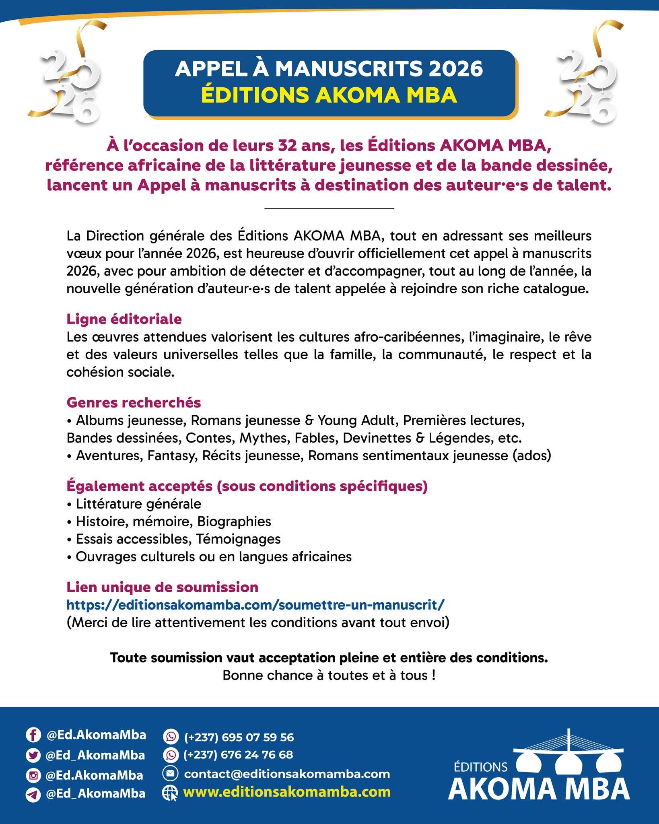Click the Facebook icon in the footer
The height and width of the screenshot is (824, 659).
coord(33,735)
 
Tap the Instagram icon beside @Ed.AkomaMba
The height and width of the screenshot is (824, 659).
coord(33,775)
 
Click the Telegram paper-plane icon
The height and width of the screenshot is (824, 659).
coord(33,794)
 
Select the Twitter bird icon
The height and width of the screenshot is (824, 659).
coord(33,755)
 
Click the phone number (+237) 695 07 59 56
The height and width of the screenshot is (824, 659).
coord(239,737)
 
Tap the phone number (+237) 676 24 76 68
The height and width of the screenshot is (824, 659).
coord(238,755)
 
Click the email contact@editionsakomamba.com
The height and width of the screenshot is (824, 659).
coord(287,774)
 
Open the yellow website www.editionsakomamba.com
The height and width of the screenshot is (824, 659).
coord(287,792)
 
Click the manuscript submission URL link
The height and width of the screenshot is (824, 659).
coord(255,605)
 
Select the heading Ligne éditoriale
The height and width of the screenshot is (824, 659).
coord(124,319)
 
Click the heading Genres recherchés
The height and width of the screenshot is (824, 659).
coord(134,402)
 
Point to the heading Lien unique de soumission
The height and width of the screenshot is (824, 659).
coord(162,587)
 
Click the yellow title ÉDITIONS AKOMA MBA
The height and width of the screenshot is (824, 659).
coord(329,95)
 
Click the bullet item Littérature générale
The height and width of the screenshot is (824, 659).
coord(138,504)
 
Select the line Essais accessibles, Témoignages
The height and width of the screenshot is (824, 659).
coord(178,539)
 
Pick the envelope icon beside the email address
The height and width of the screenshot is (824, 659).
coord(170,773)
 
